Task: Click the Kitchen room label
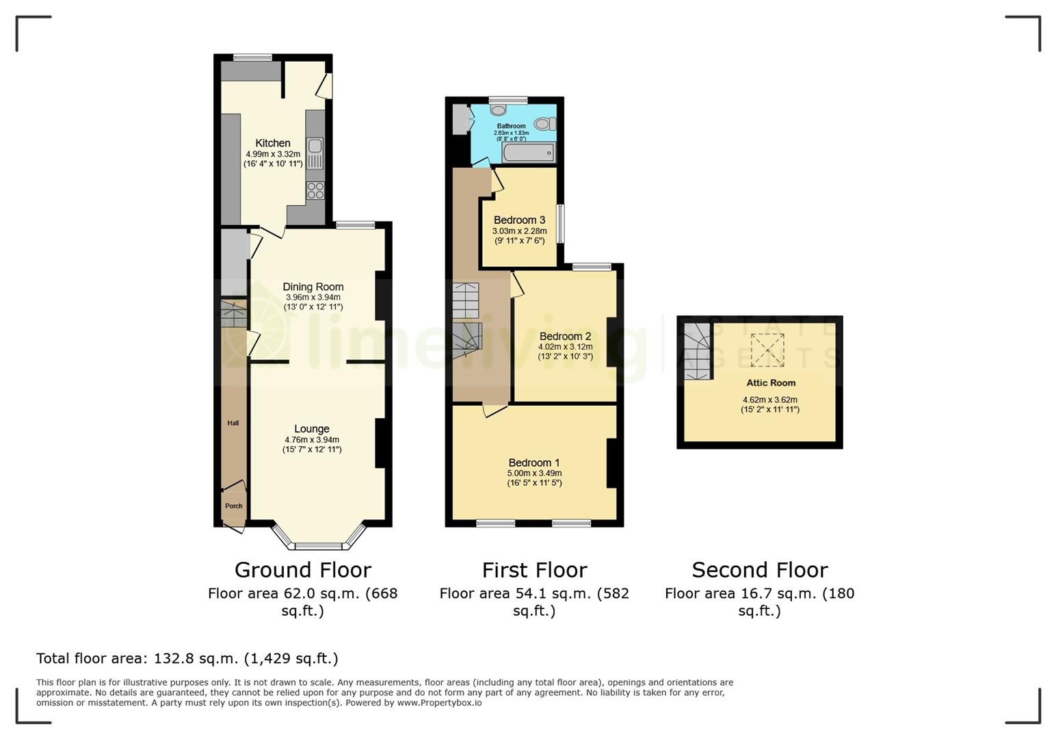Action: pos(272,143)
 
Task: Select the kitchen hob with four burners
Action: pos(315,190)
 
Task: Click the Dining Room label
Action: pos(313,287)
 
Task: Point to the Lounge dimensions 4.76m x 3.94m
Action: pos(312,440)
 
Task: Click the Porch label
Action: pos(234,506)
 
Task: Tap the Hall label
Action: pos(233,423)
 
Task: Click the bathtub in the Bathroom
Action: pos(528,153)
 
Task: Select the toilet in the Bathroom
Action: pos(546,124)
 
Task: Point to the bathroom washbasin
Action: pos(499,109)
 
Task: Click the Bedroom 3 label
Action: pos(519,220)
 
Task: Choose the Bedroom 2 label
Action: pos(565,336)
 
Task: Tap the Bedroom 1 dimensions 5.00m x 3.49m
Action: pos(534,473)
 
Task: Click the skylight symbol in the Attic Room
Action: pos(767,350)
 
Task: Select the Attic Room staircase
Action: pos(698,350)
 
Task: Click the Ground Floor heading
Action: pos(302,570)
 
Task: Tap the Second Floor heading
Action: pos(759,570)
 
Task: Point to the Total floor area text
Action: pos(187,658)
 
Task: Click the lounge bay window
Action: pos(317,545)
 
